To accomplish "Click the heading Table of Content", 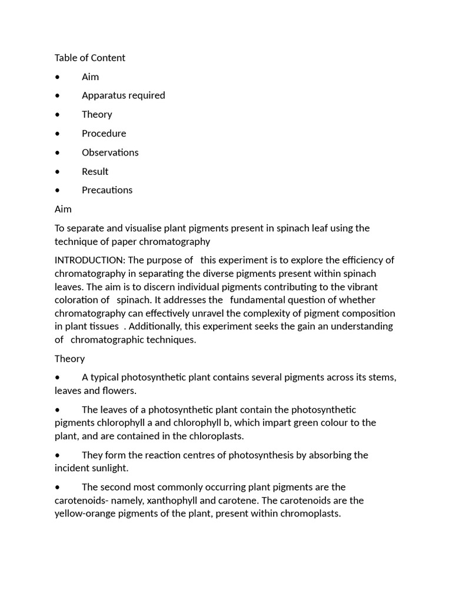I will click(x=89, y=58).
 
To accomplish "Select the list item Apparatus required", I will click(x=123, y=95).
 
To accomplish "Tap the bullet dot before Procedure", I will click(x=57, y=134).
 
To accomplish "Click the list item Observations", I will click(x=110, y=153).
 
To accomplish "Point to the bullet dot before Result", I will click(x=57, y=172).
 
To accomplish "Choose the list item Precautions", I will click(x=107, y=190).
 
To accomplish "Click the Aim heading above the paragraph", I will click(x=63, y=209).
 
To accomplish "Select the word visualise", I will click(x=143, y=228).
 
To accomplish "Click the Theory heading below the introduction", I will click(x=69, y=359).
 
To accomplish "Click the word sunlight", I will click(x=109, y=468).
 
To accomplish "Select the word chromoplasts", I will click(x=312, y=513).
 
